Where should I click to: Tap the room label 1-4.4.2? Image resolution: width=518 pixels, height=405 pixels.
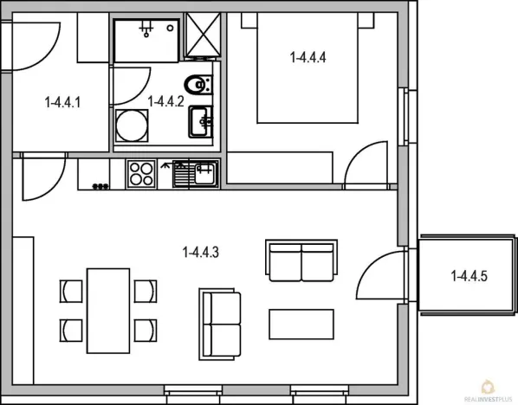point(165,101)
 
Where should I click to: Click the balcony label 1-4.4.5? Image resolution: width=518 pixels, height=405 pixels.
point(470,277)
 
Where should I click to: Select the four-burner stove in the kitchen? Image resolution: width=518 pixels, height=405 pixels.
point(140,174)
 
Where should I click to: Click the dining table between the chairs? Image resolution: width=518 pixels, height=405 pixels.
point(108,308)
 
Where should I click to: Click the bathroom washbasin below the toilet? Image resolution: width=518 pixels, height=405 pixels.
point(202,121)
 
